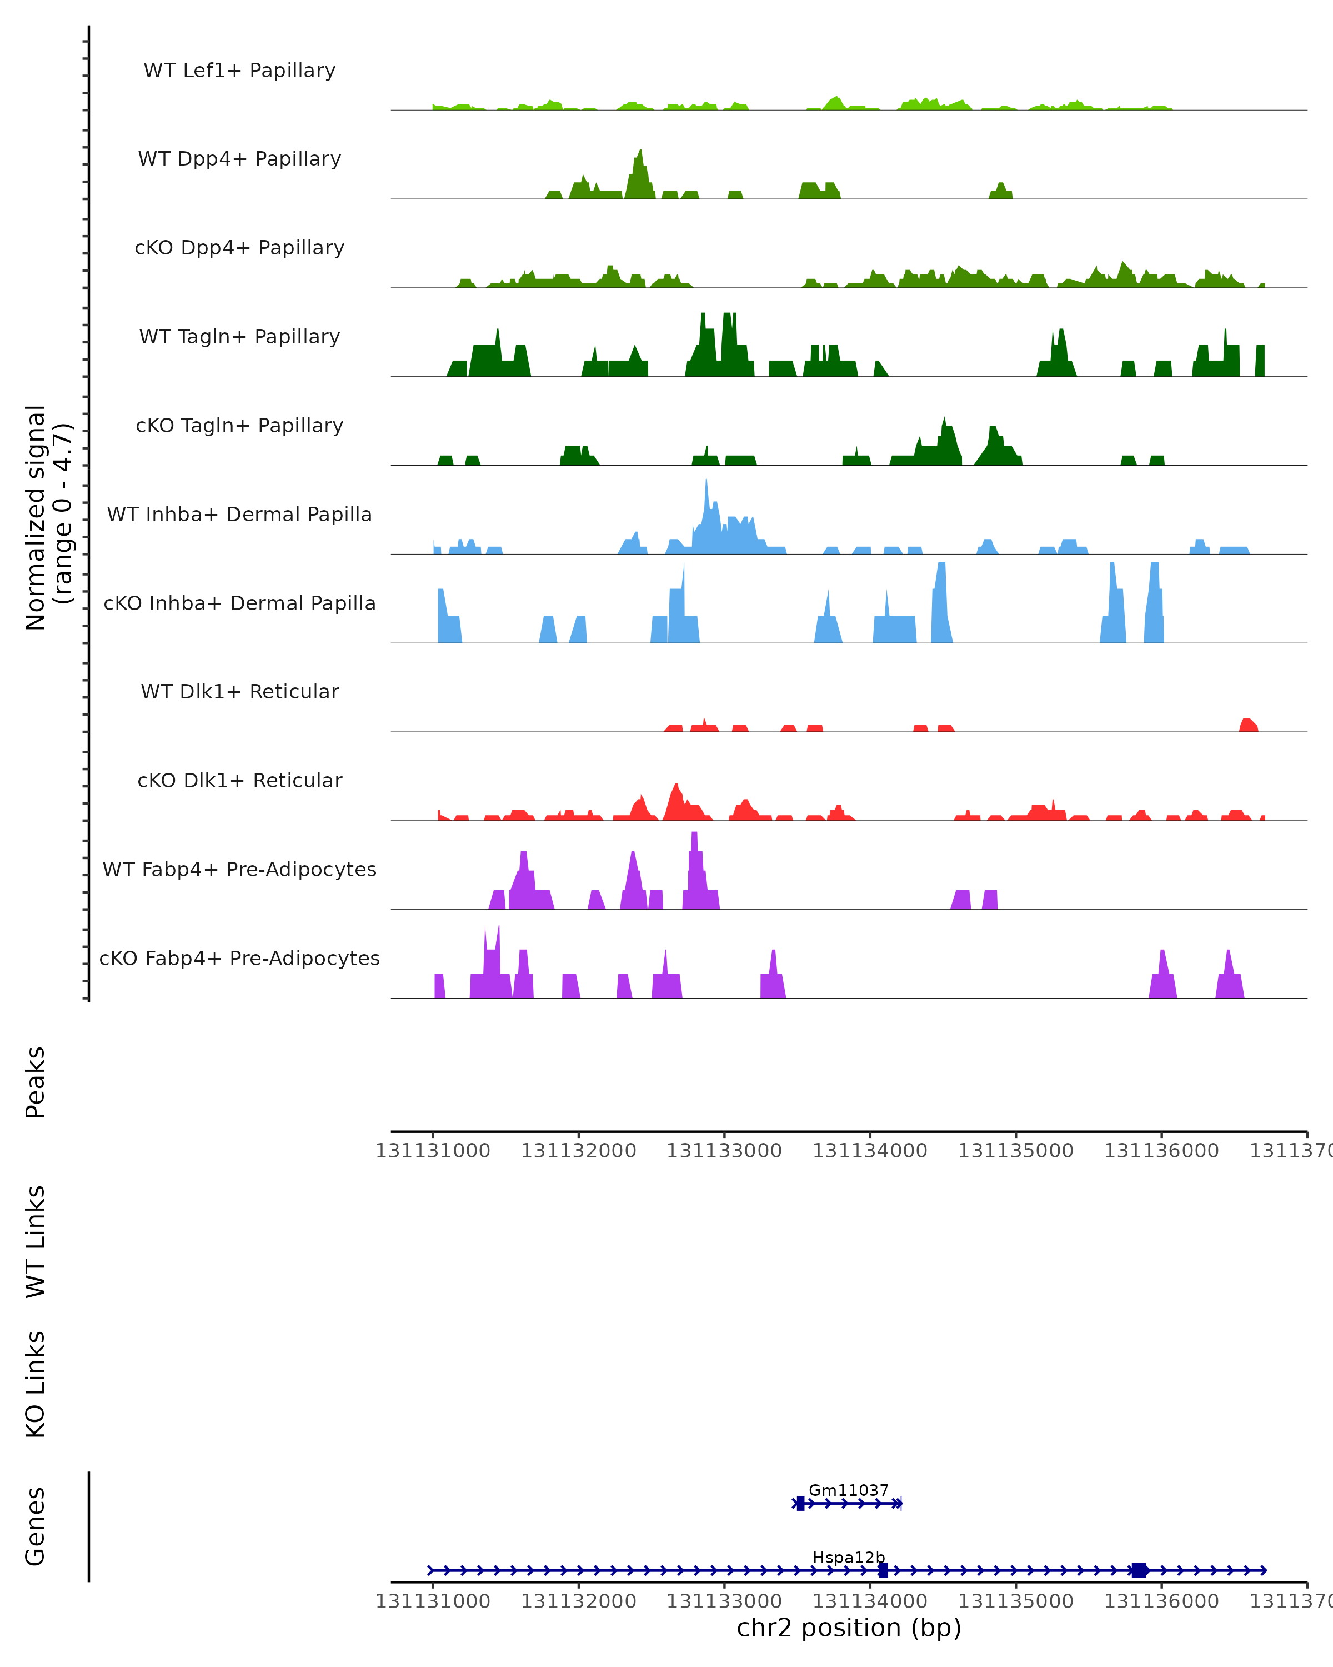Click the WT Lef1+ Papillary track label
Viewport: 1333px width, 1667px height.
(239, 71)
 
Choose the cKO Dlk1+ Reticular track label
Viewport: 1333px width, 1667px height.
(239, 780)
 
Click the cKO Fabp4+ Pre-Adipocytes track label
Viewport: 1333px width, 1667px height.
(239, 958)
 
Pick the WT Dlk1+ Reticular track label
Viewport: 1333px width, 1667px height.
(239, 691)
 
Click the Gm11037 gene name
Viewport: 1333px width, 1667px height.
(849, 1490)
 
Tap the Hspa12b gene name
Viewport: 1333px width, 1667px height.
(849, 1557)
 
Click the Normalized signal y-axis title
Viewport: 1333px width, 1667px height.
(48, 516)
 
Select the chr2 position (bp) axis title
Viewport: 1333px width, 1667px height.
(849, 1628)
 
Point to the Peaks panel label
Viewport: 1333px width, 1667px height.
(36, 1082)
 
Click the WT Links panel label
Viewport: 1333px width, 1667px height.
(36, 1241)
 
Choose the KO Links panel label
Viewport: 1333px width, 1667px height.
(36, 1384)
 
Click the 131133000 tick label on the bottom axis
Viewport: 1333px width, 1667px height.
(724, 1600)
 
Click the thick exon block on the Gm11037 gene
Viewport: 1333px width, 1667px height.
(800, 1503)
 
